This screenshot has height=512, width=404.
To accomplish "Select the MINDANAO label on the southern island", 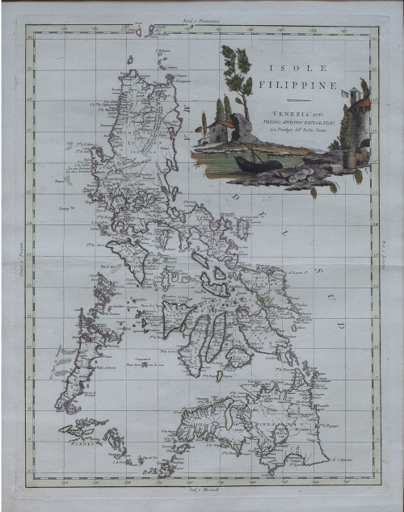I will coord(271,421).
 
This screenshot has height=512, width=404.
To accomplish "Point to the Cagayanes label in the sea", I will coord(142,355).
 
